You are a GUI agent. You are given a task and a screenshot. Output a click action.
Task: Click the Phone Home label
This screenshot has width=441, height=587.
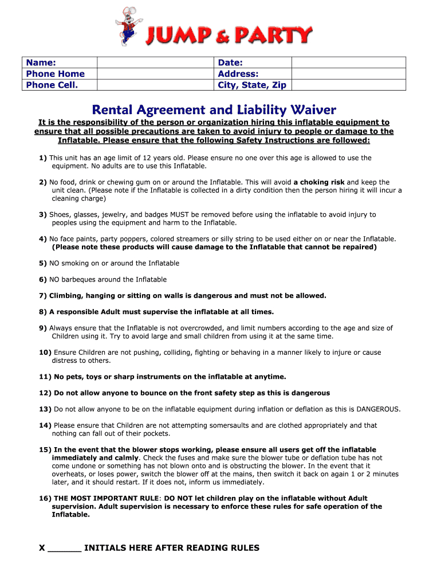[55, 74]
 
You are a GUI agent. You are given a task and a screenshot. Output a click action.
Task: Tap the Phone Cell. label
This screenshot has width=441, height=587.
[52, 85]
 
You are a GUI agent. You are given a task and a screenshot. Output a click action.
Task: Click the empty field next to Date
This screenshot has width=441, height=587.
[348, 62]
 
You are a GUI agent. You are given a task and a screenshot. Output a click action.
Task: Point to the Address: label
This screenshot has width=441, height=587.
[238, 74]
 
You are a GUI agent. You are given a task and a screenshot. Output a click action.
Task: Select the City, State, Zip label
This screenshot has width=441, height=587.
[251, 85]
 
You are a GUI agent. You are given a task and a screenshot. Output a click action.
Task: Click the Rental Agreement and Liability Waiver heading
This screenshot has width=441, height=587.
[214, 109]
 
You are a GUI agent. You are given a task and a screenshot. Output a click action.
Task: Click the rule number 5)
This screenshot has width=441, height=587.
[43, 263]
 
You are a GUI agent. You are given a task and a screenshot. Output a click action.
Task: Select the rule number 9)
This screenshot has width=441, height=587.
[43, 328]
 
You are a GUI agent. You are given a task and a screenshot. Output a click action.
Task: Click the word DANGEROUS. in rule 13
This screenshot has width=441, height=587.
[378, 409]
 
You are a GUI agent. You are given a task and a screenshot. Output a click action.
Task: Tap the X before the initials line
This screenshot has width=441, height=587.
[42, 548]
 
